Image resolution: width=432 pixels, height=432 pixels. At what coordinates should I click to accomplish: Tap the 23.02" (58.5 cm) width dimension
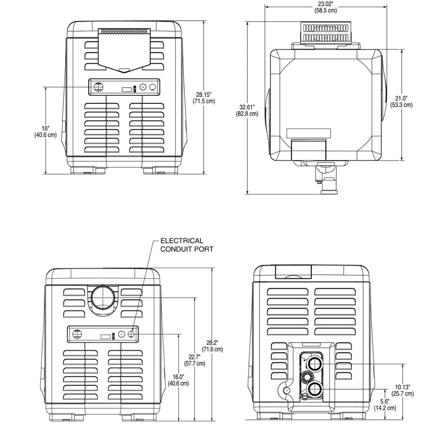point(325,7)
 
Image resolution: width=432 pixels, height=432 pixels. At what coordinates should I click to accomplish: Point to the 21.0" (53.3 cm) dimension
point(401,101)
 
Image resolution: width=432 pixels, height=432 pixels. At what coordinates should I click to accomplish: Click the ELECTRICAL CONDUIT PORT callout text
point(187,245)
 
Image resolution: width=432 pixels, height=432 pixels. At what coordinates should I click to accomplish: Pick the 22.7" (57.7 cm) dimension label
point(195,360)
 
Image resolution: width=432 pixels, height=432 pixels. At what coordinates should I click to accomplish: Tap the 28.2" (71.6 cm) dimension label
point(212,346)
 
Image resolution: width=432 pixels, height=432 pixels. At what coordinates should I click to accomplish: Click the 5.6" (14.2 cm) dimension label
point(385,404)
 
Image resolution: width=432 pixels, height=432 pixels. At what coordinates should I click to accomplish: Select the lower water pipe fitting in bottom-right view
point(315,389)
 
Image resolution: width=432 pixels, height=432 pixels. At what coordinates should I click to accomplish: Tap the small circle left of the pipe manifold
point(287,390)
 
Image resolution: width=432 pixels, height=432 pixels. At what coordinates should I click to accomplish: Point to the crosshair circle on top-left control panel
point(98,86)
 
